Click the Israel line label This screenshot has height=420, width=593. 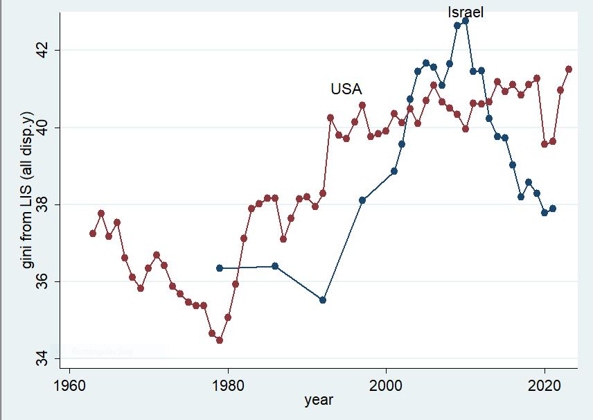pyautogui.click(x=465, y=12)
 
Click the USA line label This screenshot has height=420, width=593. pyautogui.click(x=346, y=89)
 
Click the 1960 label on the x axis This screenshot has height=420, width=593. pyautogui.click(x=69, y=385)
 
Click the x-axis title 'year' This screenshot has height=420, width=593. pyautogui.click(x=319, y=400)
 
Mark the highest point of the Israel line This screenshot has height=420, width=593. pyautogui.click(x=466, y=21)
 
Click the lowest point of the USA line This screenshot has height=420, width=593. pyautogui.click(x=220, y=340)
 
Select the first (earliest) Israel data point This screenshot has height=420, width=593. pyautogui.click(x=220, y=268)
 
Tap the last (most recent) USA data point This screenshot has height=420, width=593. pyautogui.click(x=569, y=69)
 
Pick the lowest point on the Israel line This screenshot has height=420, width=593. pyautogui.click(x=323, y=300)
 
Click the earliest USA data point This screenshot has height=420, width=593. pyautogui.click(x=93, y=234)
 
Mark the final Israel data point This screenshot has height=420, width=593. pyautogui.click(x=553, y=208)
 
